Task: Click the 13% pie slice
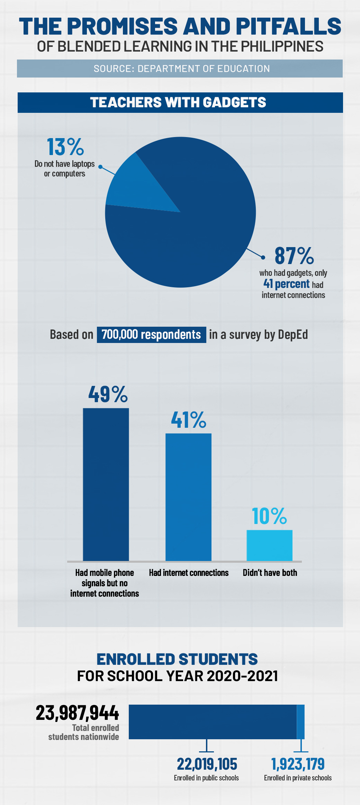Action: pos(135,187)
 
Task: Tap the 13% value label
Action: pos(65,147)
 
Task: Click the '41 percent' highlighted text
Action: pos(286,284)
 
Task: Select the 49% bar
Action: pos(106,485)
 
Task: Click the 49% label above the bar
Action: pos(108,394)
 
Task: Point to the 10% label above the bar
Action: pos(269,516)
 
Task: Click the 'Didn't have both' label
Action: pos(270,573)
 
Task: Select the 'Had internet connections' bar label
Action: pos(189,573)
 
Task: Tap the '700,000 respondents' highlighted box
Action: pos(151,335)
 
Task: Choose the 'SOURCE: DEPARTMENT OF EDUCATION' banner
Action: pos(180,69)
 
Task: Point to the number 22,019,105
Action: pos(207,764)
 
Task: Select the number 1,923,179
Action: pos(298,764)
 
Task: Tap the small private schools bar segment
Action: pos(301,722)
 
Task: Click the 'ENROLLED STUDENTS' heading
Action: pos(177,659)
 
